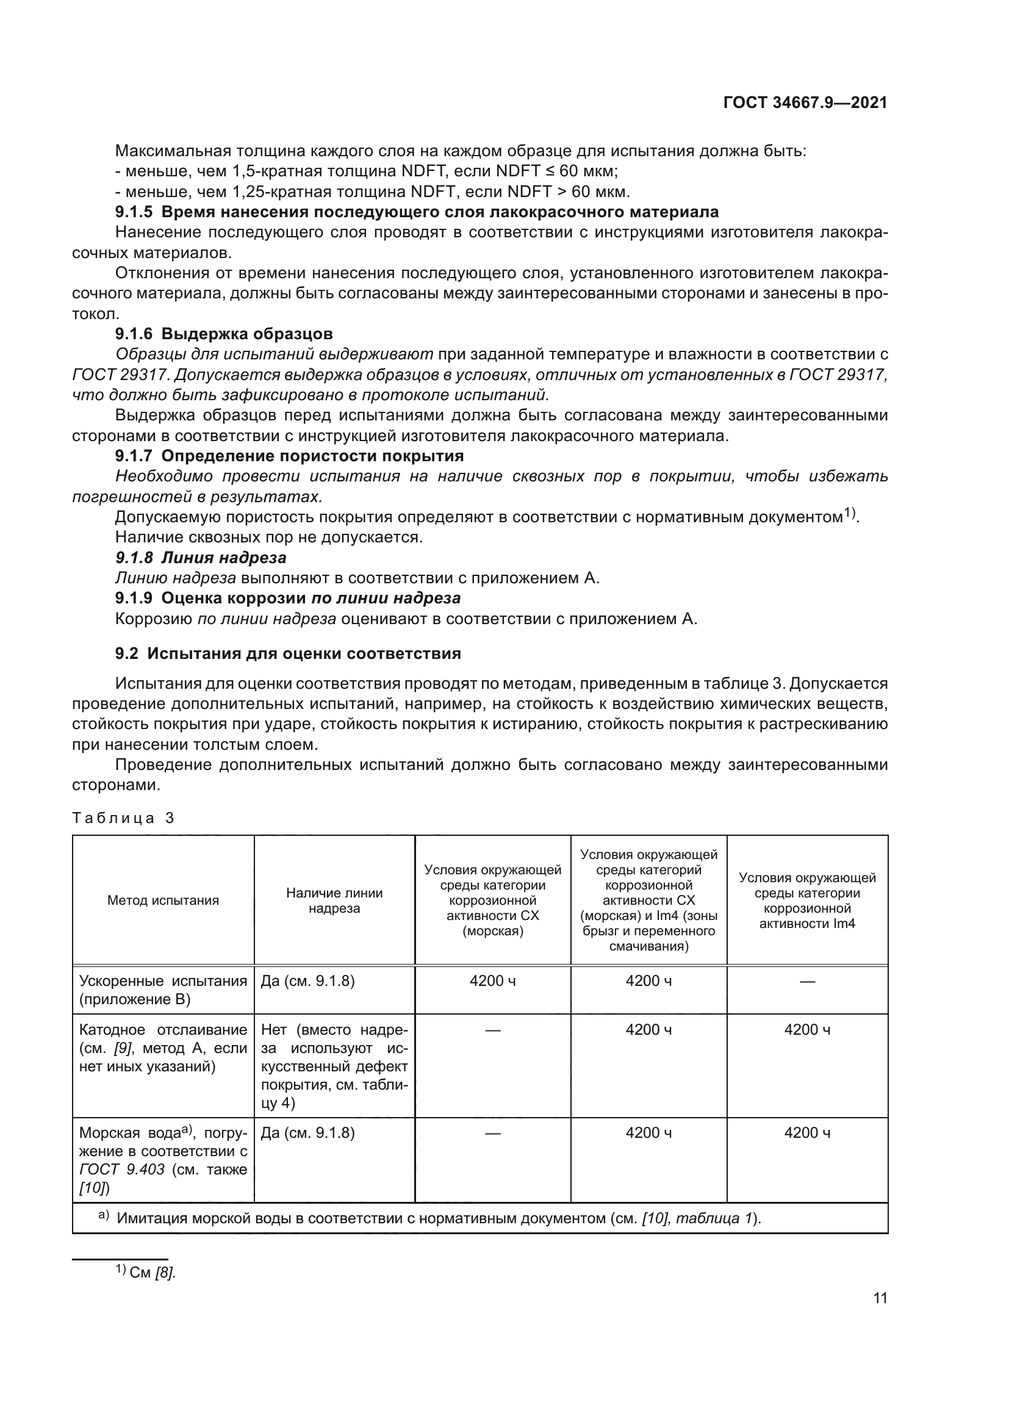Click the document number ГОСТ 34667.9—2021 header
(805, 103)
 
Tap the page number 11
(880, 1298)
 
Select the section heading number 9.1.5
(134, 212)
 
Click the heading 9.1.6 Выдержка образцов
(224, 334)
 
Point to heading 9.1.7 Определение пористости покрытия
(290, 456)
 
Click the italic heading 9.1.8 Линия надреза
(201, 558)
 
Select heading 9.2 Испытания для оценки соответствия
(289, 653)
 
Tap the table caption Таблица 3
(123, 818)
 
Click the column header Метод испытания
(163, 900)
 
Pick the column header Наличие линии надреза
(334, 900)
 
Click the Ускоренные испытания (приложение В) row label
(163, 990)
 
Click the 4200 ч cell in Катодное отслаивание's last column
(806, 1030)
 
